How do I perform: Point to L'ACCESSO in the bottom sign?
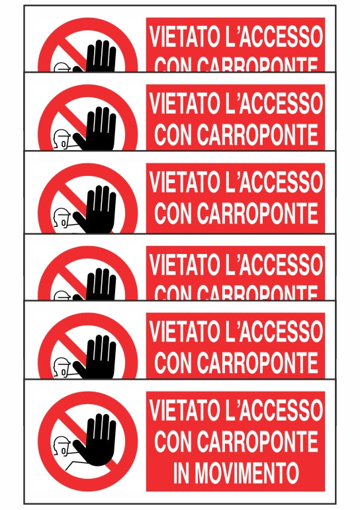pos(275,410)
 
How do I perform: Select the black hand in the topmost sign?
pos(99,57)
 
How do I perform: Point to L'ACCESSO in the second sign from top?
pos(275,103)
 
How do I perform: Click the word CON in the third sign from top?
pos(176,213)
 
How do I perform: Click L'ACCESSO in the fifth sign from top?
pos(275,331)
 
